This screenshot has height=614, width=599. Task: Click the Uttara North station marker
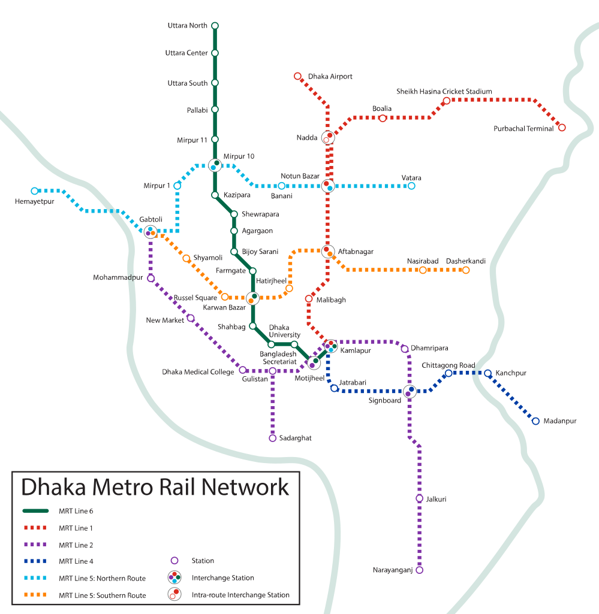(x=215, y=26)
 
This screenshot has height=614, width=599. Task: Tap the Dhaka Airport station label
(x=330, y=77)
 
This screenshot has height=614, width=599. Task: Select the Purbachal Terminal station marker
(x=562, y=127)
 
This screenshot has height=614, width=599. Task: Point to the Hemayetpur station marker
(x=34, y=191)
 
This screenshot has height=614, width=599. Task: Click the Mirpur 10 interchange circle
(x=215, y=165)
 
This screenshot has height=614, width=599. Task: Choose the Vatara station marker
(x=411, y=186)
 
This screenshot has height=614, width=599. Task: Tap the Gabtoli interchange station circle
(x=150, y=231)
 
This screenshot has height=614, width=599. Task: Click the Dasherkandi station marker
(x=465, y=270)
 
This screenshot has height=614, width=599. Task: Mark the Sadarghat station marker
(x=272, y=438)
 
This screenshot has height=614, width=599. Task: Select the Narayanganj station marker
(x=419, y=570)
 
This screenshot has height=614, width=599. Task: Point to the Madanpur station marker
(x=535, y=421)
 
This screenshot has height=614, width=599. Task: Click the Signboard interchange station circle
(x=410, y=392)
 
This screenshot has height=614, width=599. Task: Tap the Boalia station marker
(x=383, y=118)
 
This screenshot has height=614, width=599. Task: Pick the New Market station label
(x=165, y=320)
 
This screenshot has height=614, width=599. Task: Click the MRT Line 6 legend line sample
(x=35, y=511)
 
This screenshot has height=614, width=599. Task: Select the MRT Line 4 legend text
(x=76, y=562)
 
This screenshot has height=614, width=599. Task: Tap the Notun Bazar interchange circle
(x=327, y=186)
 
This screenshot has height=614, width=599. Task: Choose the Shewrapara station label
(x=260, y=214)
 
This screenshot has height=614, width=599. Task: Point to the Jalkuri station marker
(x=419, y=498)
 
